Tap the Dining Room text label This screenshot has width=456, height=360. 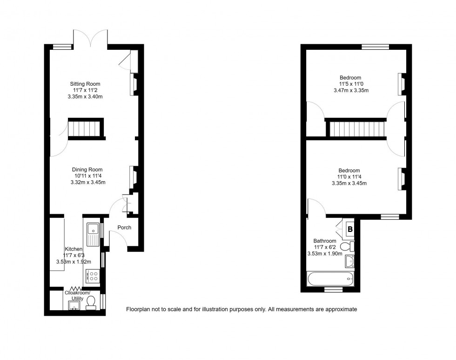pos(87,170)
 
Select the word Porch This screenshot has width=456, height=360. pos(124,228)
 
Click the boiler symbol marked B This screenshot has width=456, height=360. pos(350,229)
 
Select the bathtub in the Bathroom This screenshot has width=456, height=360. pos(330,280)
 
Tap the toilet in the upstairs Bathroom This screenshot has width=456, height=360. pos(347,246)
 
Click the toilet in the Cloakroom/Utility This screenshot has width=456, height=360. pos(91,303)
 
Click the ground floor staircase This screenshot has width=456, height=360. pos(86,129)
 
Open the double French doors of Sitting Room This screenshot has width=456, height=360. pos(91,40)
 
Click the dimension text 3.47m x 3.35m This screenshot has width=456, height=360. pos(351,90)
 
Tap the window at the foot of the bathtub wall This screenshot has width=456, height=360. pos(333,290)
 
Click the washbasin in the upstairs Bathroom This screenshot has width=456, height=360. pos(349,262)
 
